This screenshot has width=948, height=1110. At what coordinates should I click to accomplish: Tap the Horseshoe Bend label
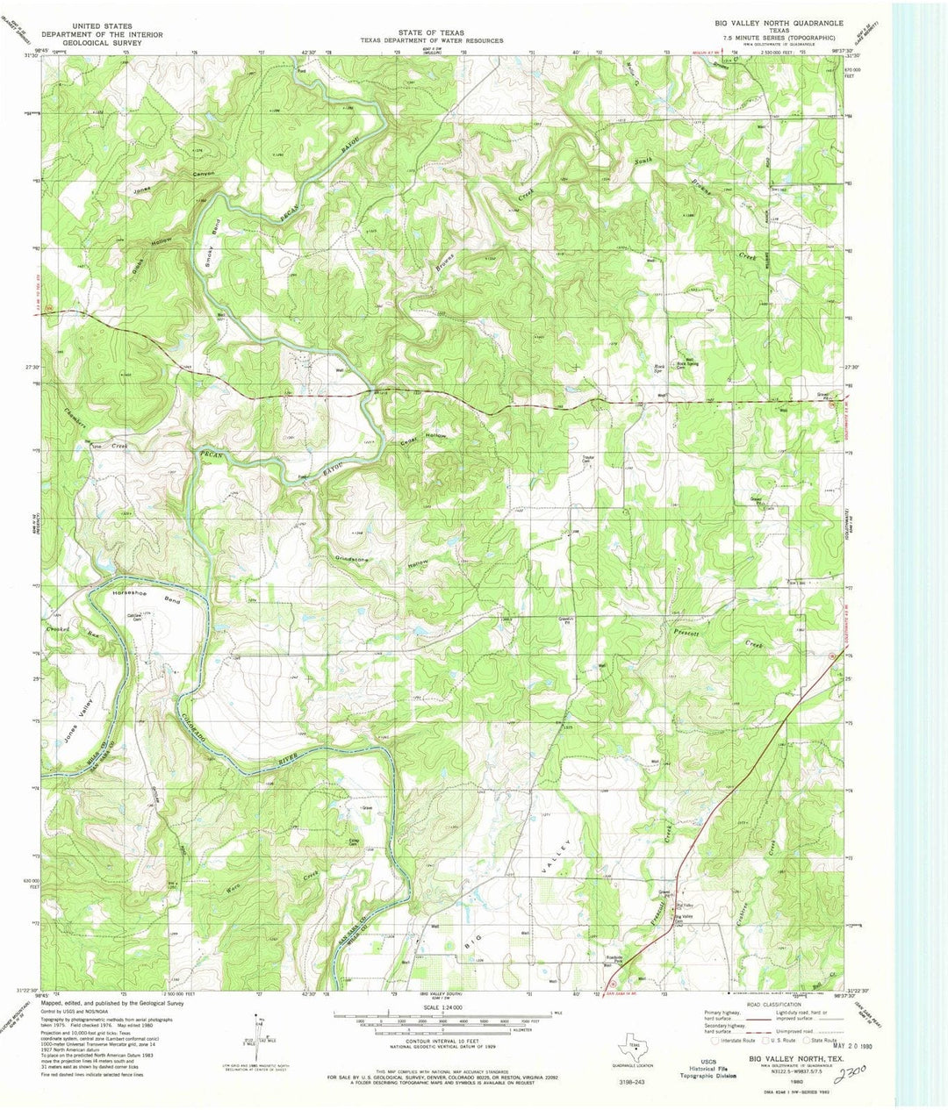(x=146, y=598)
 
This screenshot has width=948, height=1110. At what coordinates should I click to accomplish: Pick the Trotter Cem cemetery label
(x=588, y=460)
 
